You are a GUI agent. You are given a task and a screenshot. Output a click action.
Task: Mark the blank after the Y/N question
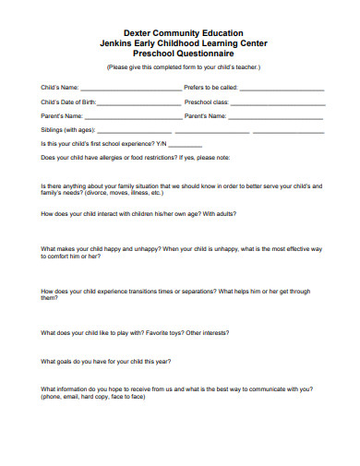[x=185, y=145]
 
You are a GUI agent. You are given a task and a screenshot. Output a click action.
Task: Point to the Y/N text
[x=161, y=144]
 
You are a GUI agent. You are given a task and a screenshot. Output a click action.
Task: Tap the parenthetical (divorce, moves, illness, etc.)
[x=111, y=193]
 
